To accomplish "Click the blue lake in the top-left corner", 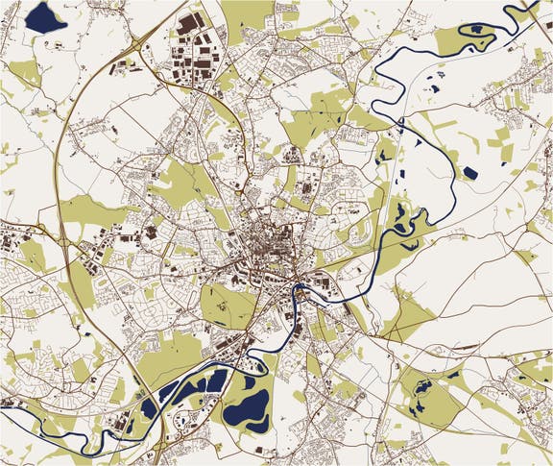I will (x=45, y=16).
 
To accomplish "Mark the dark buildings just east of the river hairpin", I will (x=325, y=284).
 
